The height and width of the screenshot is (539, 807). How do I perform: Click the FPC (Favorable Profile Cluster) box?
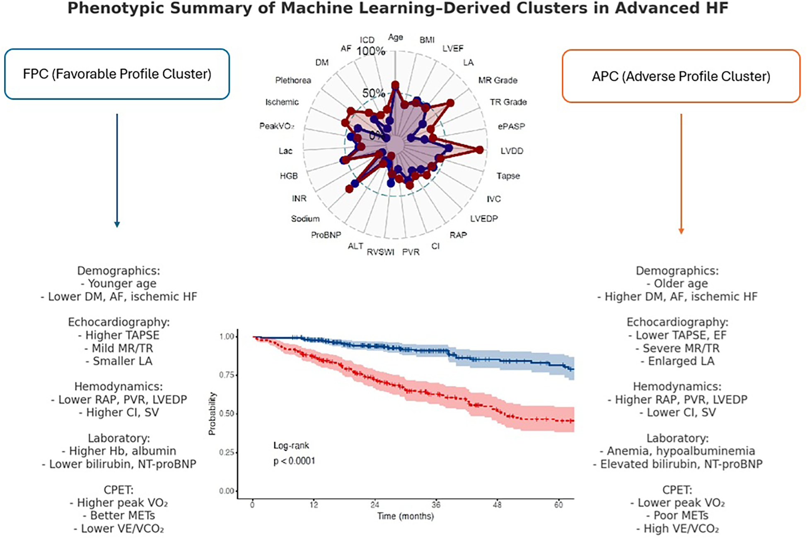[x=117, y=74]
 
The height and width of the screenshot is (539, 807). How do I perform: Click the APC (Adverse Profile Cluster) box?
[x=681, y=77]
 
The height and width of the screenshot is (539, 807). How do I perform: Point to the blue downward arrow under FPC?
[x=117, y=170]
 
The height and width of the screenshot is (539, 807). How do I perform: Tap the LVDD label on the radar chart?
[x=512, y=151]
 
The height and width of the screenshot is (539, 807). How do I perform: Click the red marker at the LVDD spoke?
[x=479, y=150]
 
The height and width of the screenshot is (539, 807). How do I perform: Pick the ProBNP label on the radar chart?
[x=326, y=235]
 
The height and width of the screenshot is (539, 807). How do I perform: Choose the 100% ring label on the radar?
[x=371, y=51]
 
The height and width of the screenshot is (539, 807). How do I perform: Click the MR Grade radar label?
[x=498, y=80]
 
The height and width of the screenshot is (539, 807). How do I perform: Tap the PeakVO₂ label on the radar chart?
[x=276, y=126]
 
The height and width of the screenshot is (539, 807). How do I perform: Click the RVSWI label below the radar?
[x=380, y=252]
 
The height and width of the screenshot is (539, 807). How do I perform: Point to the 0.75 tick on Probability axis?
[x=227, y=375]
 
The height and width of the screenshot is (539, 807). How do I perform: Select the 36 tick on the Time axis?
[x=436, y=505]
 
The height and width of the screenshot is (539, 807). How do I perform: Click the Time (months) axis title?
[x=405, y=516]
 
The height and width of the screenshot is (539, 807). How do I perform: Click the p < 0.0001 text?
[x=294, y=461]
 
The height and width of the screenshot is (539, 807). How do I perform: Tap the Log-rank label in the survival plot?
[x=291, y=446]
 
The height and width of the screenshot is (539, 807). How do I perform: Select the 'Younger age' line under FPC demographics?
[x=118, y=284]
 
